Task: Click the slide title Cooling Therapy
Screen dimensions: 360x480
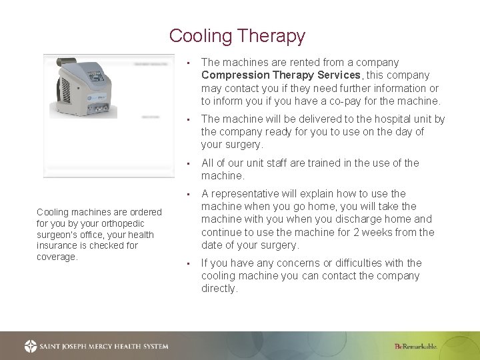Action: (237, 35)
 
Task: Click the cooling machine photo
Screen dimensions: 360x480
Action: (83, 88)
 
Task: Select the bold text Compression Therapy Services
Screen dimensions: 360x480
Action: (281, 75)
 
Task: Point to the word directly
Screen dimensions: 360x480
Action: (219, 289)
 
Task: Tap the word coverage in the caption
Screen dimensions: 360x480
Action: (57, 257)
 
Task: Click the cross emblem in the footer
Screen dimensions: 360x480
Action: (31, 346)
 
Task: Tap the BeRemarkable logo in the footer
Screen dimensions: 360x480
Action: (415, 347)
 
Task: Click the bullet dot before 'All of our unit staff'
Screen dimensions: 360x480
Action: (189, 164)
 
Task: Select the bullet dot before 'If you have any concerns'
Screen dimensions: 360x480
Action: (189, 264)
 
